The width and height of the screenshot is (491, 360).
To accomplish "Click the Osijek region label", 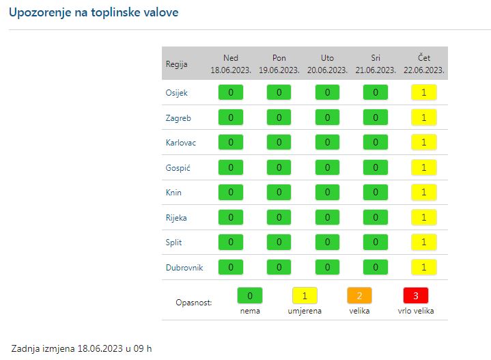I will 176,93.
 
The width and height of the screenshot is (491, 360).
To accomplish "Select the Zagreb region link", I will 178,118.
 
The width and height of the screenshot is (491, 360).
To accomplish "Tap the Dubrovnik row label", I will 184,268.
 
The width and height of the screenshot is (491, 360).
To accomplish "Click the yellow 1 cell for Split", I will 423,243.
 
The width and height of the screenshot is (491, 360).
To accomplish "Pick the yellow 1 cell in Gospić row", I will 423,168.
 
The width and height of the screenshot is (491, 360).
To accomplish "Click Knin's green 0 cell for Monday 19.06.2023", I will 279,193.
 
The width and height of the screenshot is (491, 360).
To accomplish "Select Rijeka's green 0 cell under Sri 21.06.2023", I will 375,218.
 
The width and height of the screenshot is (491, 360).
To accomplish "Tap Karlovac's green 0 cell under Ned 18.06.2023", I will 230,143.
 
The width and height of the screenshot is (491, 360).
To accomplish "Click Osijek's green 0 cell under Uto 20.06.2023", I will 327,93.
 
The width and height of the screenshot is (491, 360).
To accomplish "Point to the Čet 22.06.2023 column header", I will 423,64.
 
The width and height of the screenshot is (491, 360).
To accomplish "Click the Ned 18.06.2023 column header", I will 230,64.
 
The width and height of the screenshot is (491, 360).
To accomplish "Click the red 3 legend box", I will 415,296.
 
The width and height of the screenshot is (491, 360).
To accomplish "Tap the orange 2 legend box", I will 359,296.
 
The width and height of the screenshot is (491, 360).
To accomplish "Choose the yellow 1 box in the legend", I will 305,296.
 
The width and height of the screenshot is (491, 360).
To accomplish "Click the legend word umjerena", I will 305,311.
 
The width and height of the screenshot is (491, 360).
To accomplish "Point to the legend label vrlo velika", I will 415,311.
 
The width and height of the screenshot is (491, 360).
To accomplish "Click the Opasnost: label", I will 194,302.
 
